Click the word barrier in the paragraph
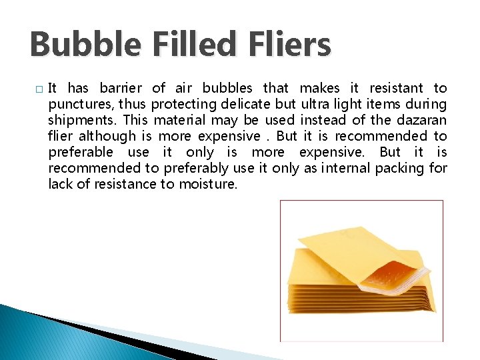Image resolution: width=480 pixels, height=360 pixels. point(121,88)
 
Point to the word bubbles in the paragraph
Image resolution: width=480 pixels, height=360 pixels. point(227,88)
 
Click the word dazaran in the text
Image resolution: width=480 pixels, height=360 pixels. point(421,120)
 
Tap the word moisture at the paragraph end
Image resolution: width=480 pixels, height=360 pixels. point(207,184)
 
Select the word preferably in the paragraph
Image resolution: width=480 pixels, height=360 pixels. point(197,168)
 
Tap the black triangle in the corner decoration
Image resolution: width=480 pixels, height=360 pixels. point(120,339)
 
